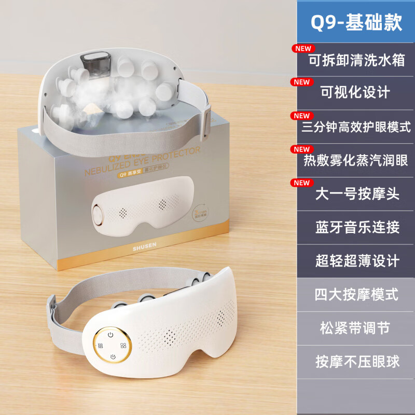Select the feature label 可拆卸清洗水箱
pos(356,60)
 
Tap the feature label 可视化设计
pos(356,93)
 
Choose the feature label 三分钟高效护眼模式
pos(356,127)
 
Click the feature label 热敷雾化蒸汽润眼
pos(356,160)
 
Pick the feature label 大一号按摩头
pos(356,193)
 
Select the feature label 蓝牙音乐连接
pos(356,227)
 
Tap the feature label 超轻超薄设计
pos(356,260)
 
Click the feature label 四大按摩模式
pos(356,294)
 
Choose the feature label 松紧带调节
pos(356,328)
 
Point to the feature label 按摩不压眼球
pos(356,361)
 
